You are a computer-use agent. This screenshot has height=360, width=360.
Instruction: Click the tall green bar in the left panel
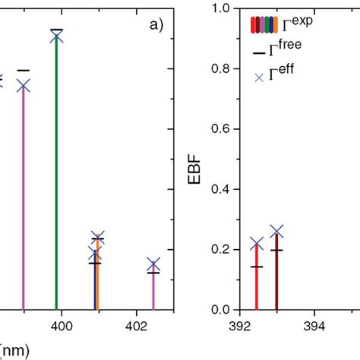(x=56, y=175)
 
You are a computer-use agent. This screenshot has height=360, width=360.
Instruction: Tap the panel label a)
(x=156, y=24)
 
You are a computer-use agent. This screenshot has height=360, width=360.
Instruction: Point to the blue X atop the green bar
(x=56, y=36)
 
